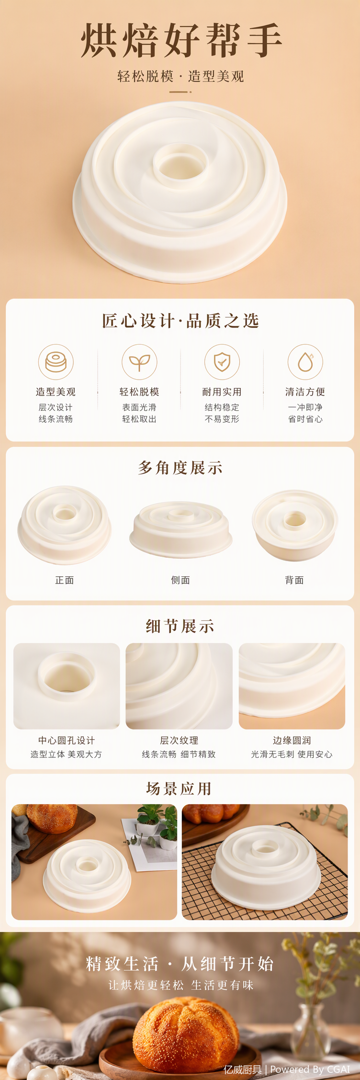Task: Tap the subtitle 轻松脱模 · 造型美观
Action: pos(180,77)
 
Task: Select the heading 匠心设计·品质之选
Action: pos(180,321)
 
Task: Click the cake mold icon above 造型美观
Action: pos(56,362)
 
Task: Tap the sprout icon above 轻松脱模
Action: pos(139,362)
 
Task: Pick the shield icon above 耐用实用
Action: pos(222,362)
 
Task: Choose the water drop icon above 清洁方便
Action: pos(305,362)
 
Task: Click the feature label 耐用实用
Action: pos(222,392)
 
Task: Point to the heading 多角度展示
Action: pos(180,468)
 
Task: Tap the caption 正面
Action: pos(65,580)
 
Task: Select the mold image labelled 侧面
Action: pos(181,529)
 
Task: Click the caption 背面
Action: pos(294,580)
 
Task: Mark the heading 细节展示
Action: pos(180,626)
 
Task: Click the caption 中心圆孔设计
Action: pos(67,741)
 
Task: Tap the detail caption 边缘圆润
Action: pos(292,741)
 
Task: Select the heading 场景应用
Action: pos(180,788)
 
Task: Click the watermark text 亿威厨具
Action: pos(242,1069)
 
